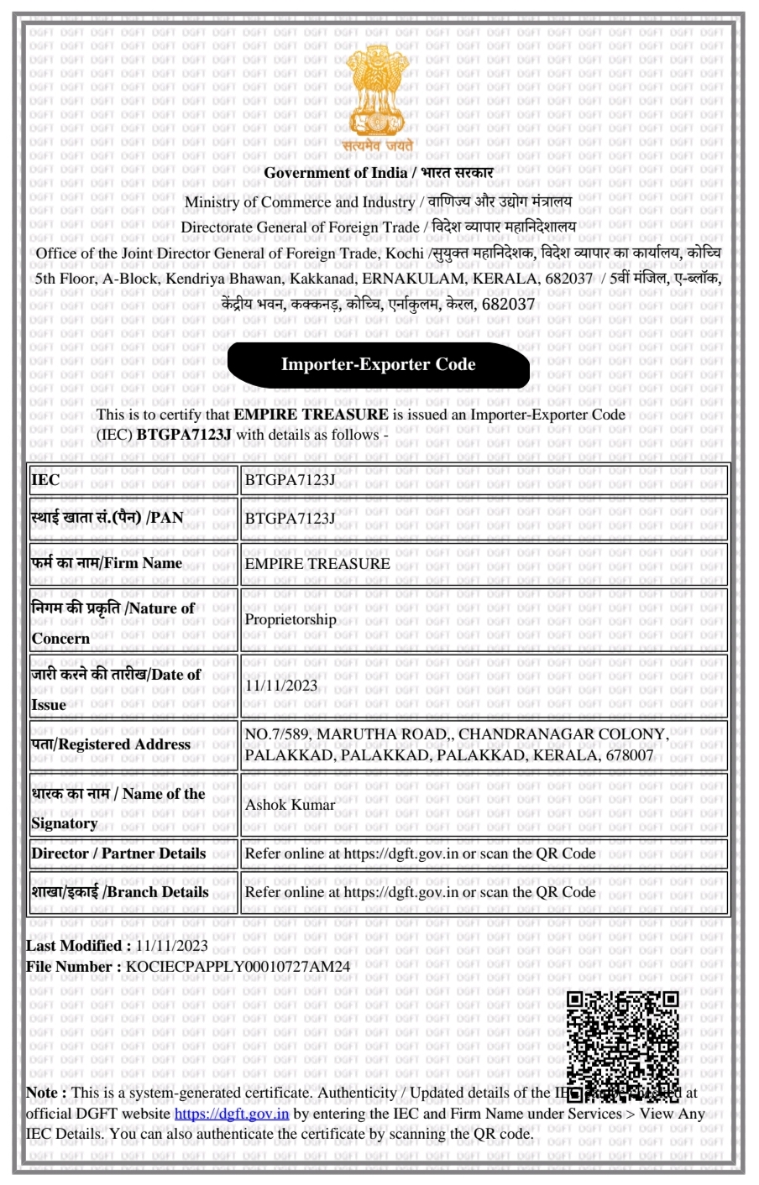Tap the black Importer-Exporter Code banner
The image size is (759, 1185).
[378, 365]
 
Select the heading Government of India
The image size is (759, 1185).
[333, 173]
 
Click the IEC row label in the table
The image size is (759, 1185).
[45, 480]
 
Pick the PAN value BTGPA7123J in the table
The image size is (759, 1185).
[290, 519]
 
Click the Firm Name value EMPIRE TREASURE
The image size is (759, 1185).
[317, 564]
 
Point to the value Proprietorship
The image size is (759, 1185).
[291, 619]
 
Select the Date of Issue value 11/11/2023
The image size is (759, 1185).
[281, 686]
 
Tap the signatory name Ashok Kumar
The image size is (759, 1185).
[290, 805]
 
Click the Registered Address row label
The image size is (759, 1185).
[111, 744]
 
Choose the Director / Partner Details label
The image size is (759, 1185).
[118, 854]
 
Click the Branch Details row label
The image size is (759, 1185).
[120, 892]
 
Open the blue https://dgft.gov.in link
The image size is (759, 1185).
[232, 1114]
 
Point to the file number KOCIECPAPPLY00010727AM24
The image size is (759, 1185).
[238, 967]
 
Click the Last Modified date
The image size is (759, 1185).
[171, 946]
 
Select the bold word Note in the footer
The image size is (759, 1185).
[41, 1093]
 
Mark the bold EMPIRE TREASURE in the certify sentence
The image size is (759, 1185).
[311, 414]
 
